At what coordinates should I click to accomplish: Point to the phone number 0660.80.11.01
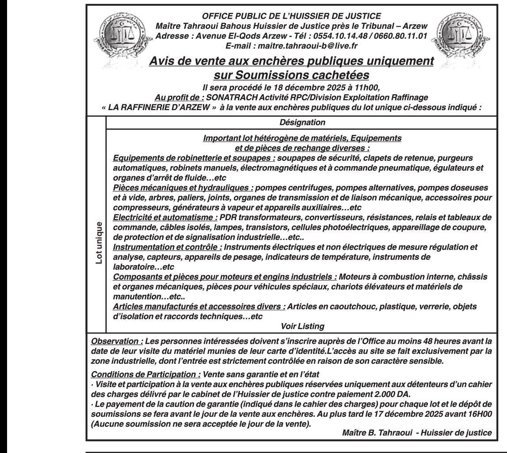pos(401,37)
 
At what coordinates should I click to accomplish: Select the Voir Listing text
pos(302,327)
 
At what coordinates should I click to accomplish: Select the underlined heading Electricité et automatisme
pos(166,217)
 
